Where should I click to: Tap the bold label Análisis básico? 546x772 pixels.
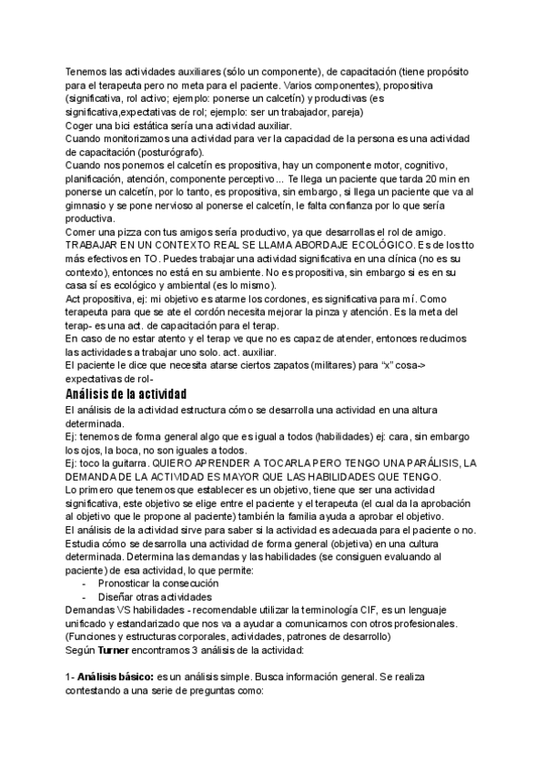(115, 679)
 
